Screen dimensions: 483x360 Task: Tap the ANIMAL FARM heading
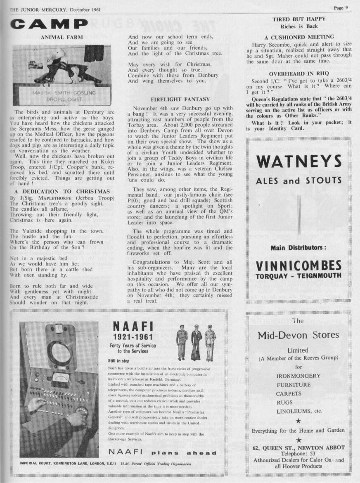[62, 38]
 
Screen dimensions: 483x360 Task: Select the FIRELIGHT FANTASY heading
[180, 99]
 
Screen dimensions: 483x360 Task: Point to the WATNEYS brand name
[298, 161]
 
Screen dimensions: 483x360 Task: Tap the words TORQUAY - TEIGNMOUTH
[298, 276]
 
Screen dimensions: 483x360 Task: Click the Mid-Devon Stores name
[298, 335]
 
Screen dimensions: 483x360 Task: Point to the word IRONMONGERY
[298, 376]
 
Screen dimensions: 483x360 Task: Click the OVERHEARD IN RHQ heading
[299, 73]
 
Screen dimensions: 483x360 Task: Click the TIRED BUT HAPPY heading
[299, 19]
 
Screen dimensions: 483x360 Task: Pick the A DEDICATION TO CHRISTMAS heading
[62, 192]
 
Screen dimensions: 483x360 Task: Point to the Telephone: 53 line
[299, 453]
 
